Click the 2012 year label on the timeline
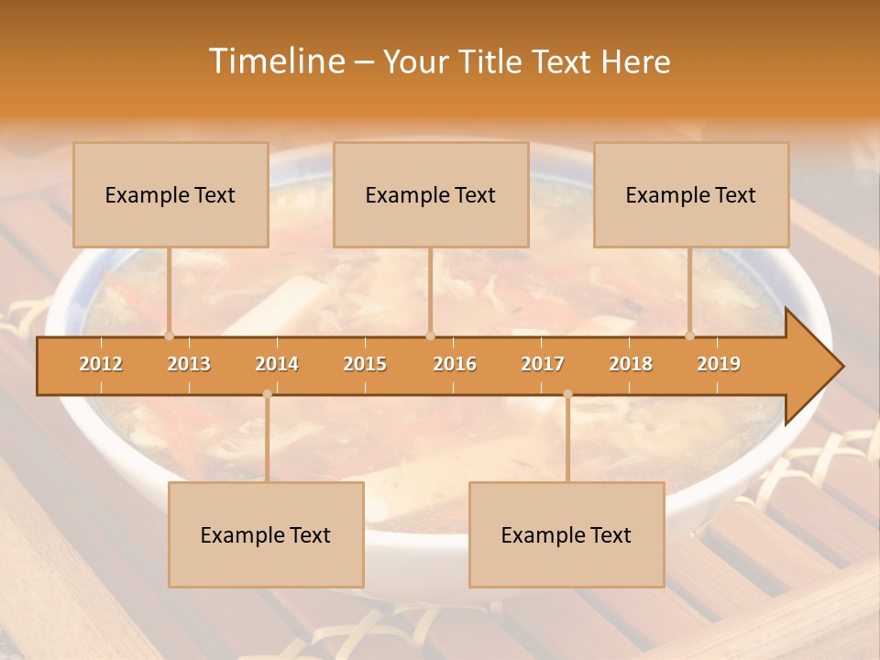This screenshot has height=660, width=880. pos(101,364)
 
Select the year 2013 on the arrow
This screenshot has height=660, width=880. pos(189,364)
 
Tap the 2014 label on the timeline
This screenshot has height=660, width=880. pos(277,364)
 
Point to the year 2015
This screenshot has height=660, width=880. pos(365,364)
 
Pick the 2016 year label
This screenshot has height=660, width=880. pos(455,364)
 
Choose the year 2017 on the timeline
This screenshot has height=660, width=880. pos(543,364)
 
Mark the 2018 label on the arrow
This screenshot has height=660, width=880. pos(631,364)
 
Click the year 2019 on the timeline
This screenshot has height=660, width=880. pos(719,364)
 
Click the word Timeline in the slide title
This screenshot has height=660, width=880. pos(275,61)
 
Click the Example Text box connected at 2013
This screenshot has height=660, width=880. pos(170,194)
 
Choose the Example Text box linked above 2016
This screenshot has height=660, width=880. pos(431,194)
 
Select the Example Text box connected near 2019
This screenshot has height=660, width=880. pos(691,194)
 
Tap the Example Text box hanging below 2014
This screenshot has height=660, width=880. pos(266,534)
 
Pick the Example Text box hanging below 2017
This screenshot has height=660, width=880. pos(566,534)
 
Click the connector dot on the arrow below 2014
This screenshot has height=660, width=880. pos(267,394)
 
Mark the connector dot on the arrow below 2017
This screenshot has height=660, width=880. pos(567,394)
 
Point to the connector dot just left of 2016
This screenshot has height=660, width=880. pos(430,335)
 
